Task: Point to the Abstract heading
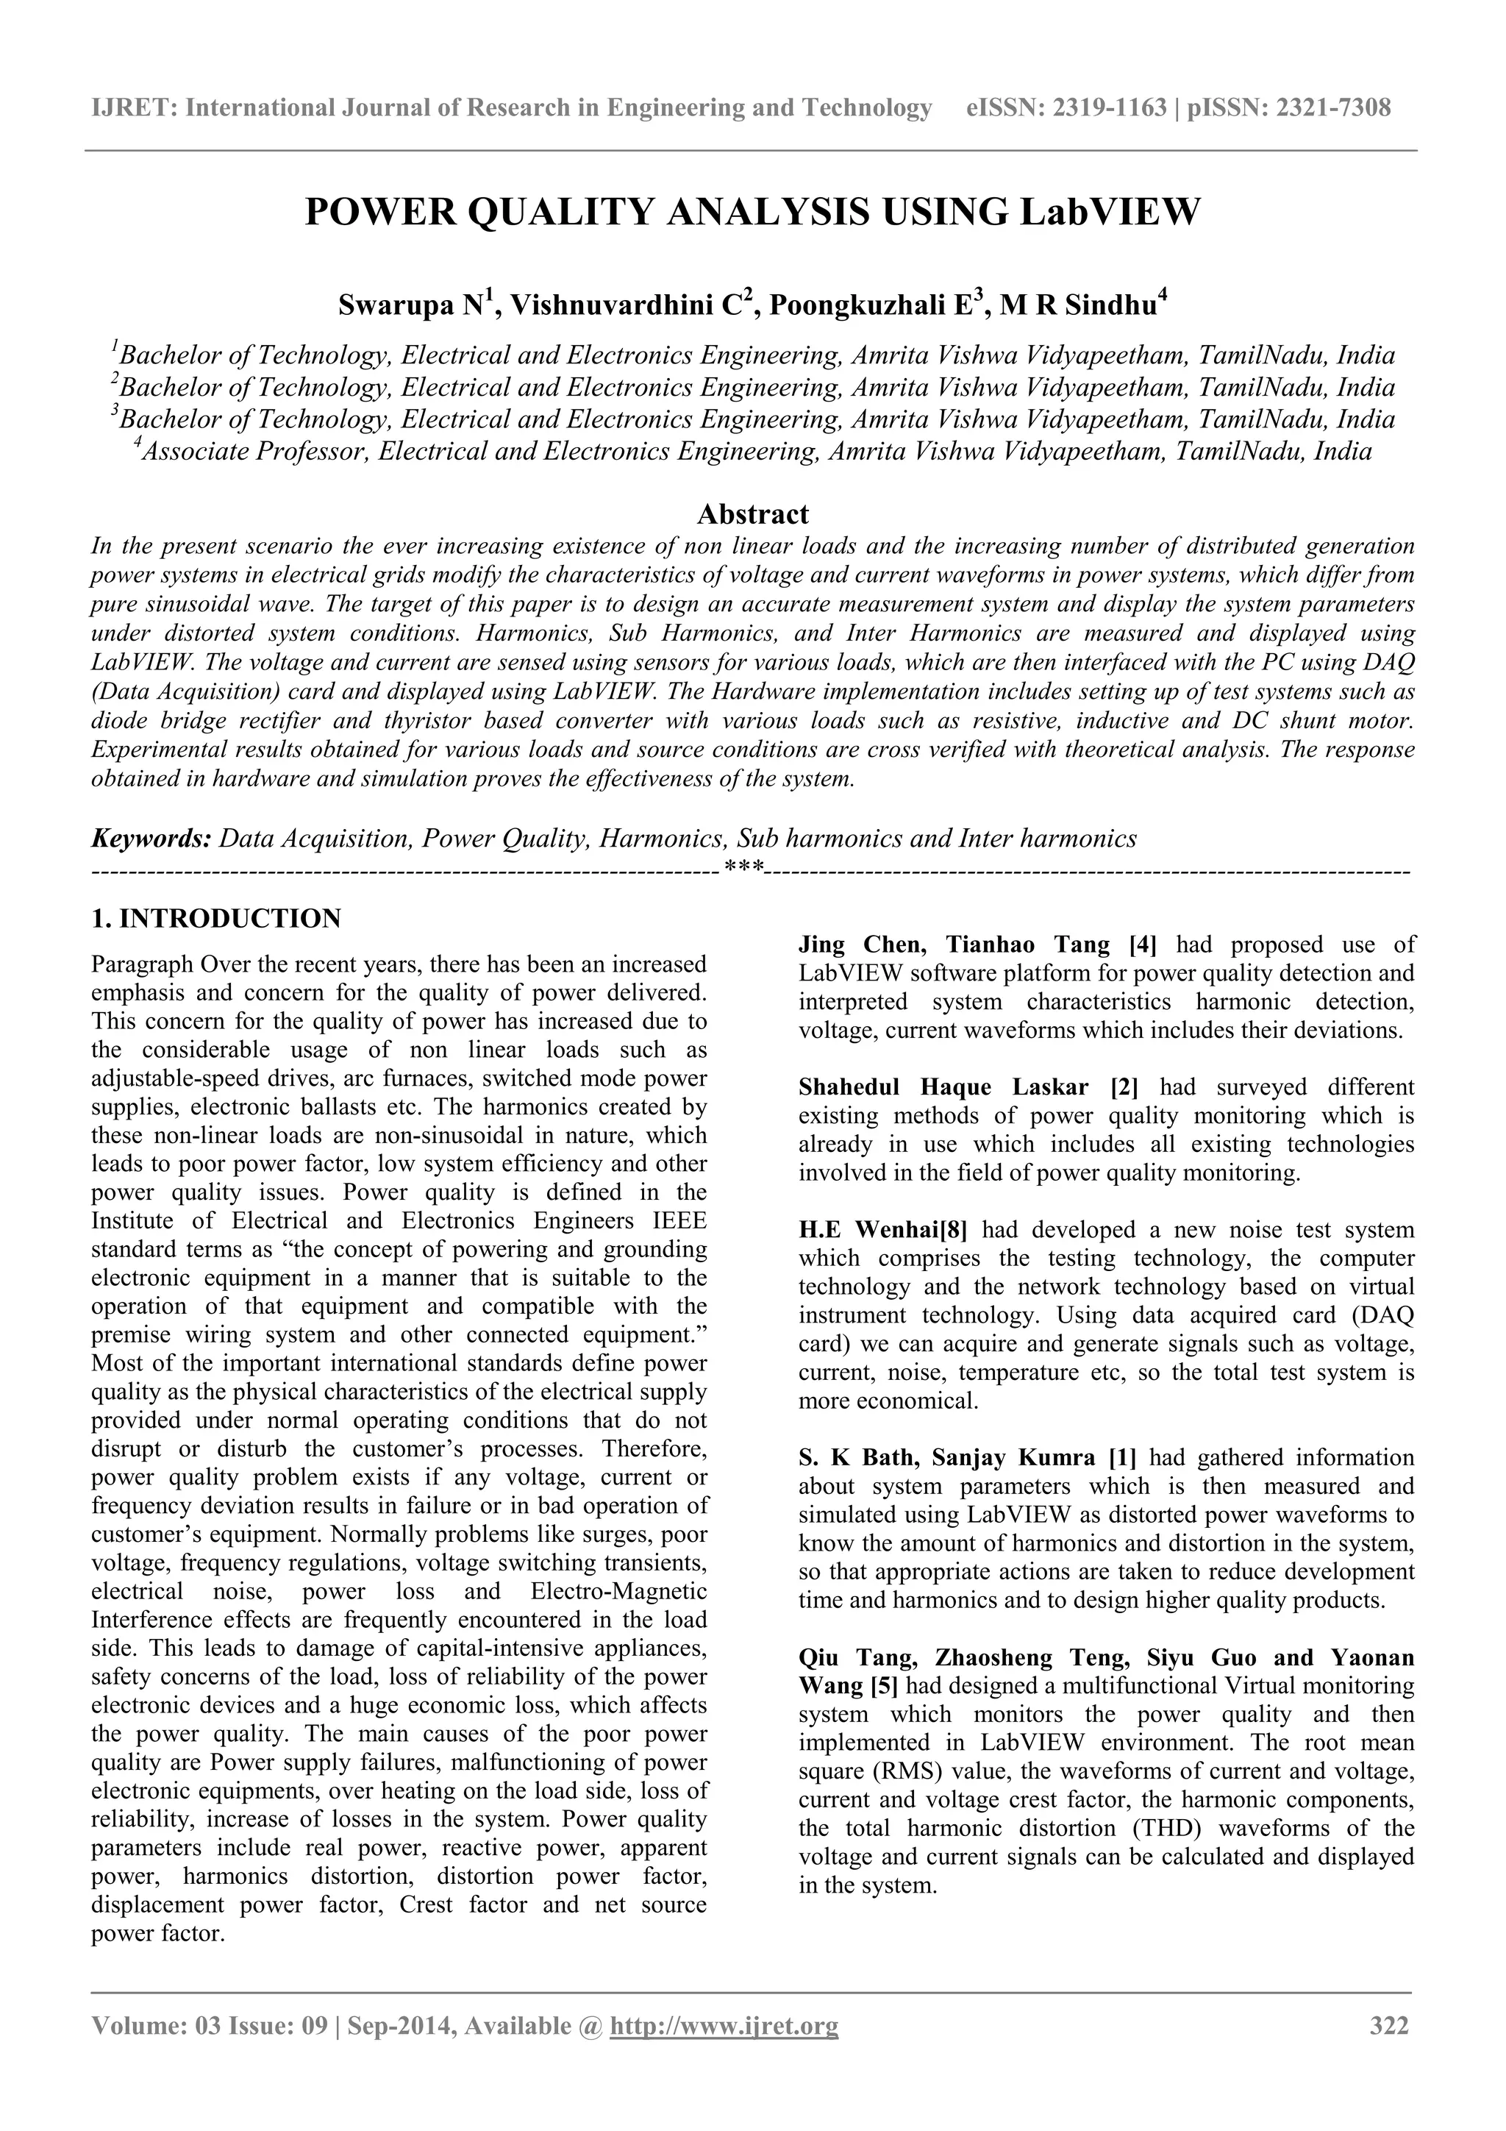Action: tap(752, 513)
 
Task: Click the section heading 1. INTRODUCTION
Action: tap(216, 919)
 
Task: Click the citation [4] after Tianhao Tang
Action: tap(1141, 944)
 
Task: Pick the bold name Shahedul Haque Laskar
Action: tap(946, 1087)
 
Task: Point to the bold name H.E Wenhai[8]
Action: tap(882, 1230)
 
